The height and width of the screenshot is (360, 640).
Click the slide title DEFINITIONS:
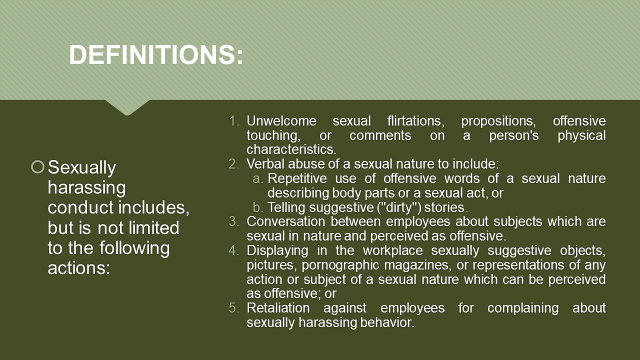click(156, 54)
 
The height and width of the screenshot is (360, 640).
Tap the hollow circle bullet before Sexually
click(37, 167)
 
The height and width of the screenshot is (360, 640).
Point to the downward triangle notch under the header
click(127, 107)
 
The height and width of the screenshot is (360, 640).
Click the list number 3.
click(234, 221)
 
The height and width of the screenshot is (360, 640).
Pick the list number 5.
click(234, 308)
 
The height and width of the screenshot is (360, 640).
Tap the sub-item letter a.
click(257, 179)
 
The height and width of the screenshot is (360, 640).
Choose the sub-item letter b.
click(257, 207)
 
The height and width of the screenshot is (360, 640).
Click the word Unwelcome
click(281, 121)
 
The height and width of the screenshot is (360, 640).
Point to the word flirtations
click(416, 121)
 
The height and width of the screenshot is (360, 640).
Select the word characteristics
click(291, 149)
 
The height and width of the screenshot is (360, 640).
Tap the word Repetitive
click(297, 179)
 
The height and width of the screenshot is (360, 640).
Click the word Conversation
click(285, 221)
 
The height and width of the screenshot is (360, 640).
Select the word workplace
click(393, 251)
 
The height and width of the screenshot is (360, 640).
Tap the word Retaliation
click(278, 308)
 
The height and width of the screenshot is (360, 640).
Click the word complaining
click(523, 308)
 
